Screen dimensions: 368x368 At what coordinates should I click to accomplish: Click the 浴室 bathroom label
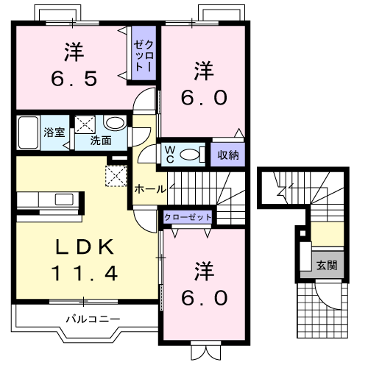click(54, 132)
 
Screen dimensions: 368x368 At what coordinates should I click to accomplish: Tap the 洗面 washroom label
click(101, 141)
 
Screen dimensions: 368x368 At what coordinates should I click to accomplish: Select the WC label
click(170, 155)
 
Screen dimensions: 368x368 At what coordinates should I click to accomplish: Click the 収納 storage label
click(228, 155)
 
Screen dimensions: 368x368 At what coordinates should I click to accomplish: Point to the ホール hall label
click(150, 189)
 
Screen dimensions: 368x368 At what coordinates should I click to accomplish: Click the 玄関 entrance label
click(327, 265)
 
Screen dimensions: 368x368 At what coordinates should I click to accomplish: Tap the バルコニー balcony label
click(93, 319)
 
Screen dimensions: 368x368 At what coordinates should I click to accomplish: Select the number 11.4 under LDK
click(85, 273)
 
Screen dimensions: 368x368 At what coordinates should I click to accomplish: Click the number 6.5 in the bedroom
click(74, 79)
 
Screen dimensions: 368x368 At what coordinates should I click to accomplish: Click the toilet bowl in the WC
click(189, 155)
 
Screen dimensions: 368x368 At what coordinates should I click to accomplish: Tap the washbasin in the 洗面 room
click(115, 123)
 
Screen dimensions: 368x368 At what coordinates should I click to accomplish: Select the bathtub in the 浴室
click(28, 132)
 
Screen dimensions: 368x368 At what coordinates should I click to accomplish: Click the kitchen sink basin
click(64, 199)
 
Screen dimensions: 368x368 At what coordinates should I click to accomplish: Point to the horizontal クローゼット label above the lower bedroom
click(188, 217)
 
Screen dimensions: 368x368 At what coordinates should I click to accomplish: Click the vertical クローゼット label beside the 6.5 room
click(144, 55)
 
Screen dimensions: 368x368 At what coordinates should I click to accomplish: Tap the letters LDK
click(85, 247)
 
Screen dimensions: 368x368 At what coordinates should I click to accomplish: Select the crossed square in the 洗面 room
click(85, 124)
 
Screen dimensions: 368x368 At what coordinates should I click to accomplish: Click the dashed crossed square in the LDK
click(116, 176)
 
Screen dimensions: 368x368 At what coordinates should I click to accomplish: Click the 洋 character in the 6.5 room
click(74, 52)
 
